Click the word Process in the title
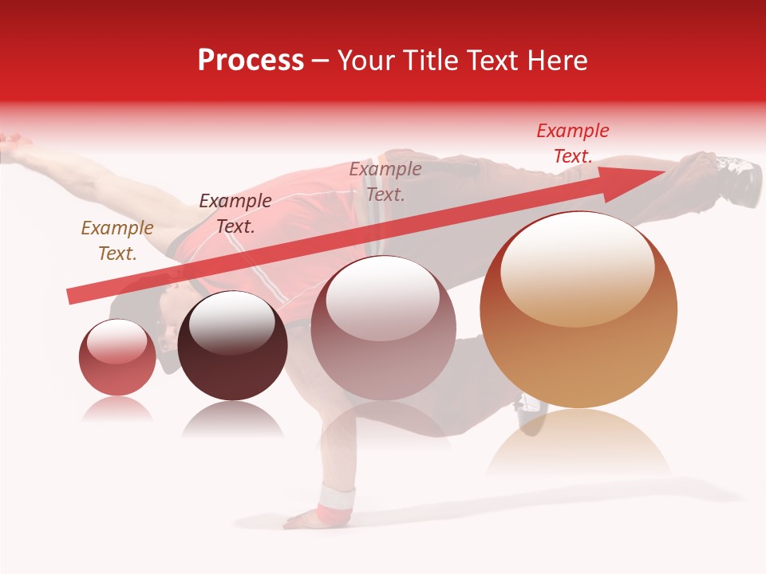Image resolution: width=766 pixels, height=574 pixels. tap(251, 61)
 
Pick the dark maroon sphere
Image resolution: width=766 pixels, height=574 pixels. tap(232, 346)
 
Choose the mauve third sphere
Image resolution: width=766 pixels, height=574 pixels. tap(383, 328)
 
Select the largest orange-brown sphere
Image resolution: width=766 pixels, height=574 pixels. tap(578, 311)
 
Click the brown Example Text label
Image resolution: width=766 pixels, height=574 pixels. tap(117, 241)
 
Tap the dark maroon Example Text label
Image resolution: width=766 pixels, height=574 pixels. tap(235, 214)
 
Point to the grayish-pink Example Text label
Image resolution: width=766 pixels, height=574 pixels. tap(385, 182)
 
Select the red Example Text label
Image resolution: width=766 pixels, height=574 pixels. tap(573, 143)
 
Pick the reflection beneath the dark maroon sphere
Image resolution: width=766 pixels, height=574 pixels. tap(232, 420)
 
